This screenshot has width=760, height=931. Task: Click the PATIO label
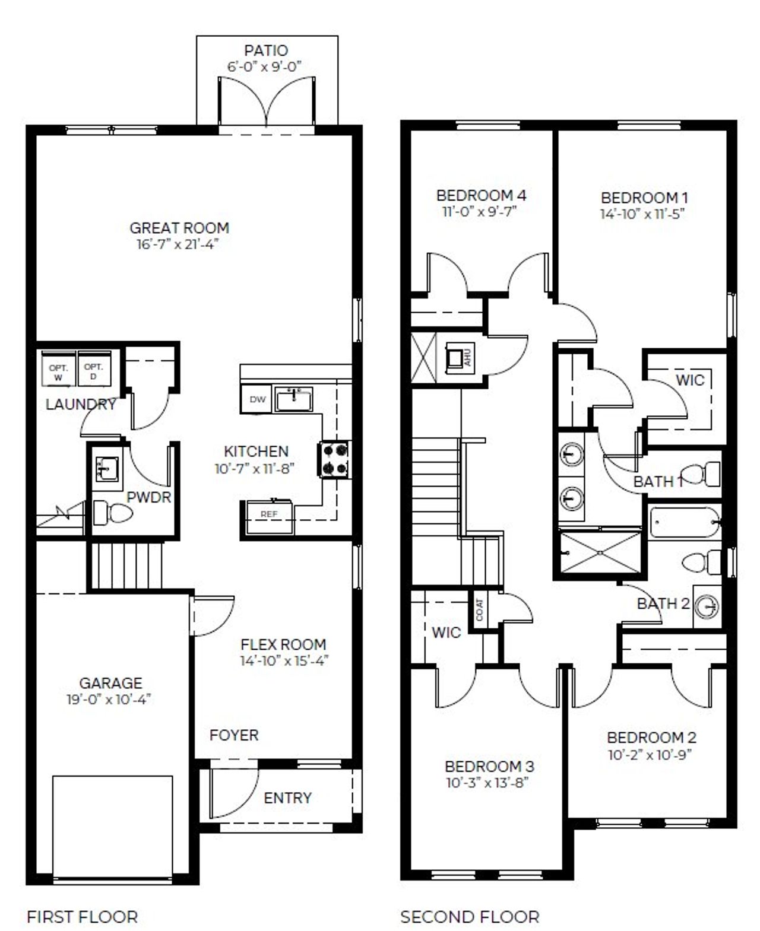266,50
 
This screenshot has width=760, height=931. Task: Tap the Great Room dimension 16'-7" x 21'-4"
179,244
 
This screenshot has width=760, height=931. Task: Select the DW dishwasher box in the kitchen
257,399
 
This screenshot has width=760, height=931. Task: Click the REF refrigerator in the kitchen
268,514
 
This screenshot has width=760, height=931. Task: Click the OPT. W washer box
58,372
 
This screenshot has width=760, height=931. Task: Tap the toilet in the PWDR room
113,513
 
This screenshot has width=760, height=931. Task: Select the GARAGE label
110,683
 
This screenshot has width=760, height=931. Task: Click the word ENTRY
287,797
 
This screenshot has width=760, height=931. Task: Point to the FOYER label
234,735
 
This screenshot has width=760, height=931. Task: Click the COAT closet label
479,610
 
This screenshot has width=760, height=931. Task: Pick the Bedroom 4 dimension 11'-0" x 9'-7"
480,211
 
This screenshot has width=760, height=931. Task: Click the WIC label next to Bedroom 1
690,380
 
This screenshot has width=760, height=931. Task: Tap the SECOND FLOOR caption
470,917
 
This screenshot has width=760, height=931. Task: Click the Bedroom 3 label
489,766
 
